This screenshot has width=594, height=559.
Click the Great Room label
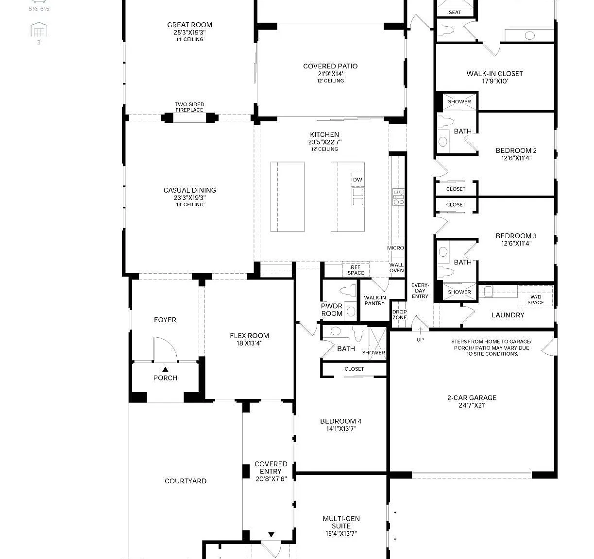[189, 25]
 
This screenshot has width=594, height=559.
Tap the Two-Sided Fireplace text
[189, 107]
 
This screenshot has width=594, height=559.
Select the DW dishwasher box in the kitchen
[357, 180]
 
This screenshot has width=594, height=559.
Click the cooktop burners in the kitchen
[398, 197]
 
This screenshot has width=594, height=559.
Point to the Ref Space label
[356, 270]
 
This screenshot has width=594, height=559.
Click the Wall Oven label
[396, 267]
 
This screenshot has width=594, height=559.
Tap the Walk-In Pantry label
[374, 300]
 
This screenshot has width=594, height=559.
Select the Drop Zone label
[399, 314]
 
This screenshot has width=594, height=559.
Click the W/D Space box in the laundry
[535, 296]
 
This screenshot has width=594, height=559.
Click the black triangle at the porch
[165, 369]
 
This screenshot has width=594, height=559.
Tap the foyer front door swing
[165, 348]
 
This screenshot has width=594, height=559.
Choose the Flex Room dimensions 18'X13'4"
[249, 343]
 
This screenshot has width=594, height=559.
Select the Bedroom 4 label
[340, 421]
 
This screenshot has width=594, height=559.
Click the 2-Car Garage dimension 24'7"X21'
[472, 405]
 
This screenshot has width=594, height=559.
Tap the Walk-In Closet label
[494, 74]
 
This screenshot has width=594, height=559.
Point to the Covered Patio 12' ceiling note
[330, 81]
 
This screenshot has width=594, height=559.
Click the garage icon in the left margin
[39, 30]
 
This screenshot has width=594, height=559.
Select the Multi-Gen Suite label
[341, 522]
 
